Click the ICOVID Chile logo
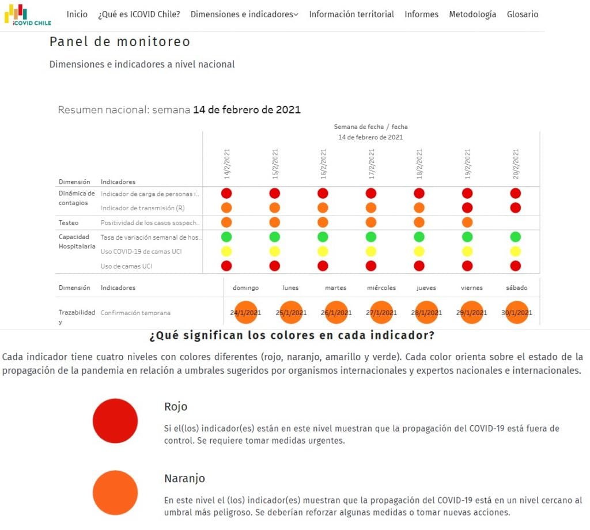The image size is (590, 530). (x=28, y=14)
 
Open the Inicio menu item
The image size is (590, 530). (x=77, y=14)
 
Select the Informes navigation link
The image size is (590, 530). (x=421, y=14)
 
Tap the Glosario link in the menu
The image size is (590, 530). (x=523, y=14)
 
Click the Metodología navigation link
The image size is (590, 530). (x=472, y=14)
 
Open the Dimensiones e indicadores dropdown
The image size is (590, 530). (x=244, y=14)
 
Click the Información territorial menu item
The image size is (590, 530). (x=351, y=14)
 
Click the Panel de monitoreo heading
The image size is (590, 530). (x=120, y=41)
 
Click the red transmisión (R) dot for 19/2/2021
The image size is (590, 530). (x=467, y=207)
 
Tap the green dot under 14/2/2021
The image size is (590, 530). (x=226, y=237)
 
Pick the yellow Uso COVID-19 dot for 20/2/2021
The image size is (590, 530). (x=516, y=251)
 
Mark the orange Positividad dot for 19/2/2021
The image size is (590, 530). (x=467, y=222)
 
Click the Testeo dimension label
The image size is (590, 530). (x=69, y=222)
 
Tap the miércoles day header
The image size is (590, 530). (x=381, y=287)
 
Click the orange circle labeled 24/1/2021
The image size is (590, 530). (x=245, y=312)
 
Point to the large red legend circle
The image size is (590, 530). (x=115, y=421)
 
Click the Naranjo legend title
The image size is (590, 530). (x=184, y=479)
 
